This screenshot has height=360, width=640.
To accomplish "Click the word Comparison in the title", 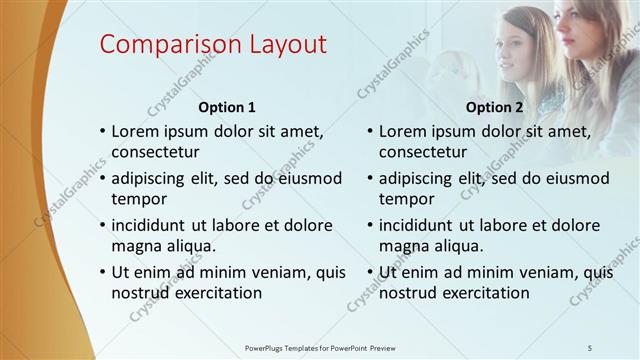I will pyautogui.click(x=165, y=45).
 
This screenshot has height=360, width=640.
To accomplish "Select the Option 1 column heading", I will pyautogui.click(x=227, y=107).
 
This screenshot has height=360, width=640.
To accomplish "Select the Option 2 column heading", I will pyautogui.click(x=494, y=107).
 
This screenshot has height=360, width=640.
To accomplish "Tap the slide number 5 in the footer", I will pyautogui.click(x=590, y=347).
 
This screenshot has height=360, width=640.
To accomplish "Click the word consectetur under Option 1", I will pyautogui.click(x=155, y=153).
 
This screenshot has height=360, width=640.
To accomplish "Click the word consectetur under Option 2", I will pyautogui.click(x=423, y=153).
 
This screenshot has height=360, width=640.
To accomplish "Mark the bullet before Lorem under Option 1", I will pyautogui.click(x=102, y=132).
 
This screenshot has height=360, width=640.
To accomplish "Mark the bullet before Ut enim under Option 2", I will pyautogui.click(x=370, y=272).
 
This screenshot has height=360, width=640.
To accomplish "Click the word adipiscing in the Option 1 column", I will pyautogui.click(x=155, y=179).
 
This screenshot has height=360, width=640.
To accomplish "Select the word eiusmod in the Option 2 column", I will pyautogui.click(x=575, y=179).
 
